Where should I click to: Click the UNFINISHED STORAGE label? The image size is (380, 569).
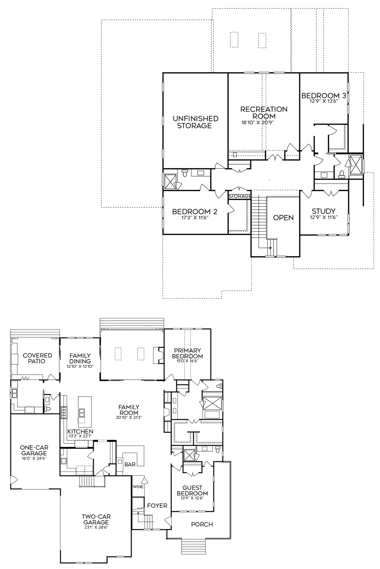tap(195, 122)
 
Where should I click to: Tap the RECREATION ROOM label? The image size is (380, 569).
tap(264, 113)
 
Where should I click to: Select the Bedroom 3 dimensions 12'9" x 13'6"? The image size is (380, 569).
tap(324, 101)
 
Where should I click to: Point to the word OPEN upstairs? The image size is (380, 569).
tap(283, 218)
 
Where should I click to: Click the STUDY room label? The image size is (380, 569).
tap(324, 211)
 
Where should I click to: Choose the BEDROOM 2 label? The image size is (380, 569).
tap(195, 211)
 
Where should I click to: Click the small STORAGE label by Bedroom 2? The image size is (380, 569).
tap(239, 196)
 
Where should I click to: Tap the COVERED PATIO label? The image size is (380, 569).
tap(37, 358)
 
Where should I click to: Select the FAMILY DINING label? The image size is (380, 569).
tap(80, 358)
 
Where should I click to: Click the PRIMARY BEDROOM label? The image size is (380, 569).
tap(187, 353)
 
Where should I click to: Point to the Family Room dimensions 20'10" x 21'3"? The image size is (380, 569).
tap(129, 417)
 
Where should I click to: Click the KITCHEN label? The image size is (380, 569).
tap(80, 431)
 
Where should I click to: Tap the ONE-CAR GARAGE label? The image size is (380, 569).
tap(33, 450)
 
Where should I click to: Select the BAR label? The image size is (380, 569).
tap(130, 465)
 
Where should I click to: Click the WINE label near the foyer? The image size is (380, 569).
tap(138, 486)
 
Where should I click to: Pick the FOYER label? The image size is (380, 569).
tap(157, 506)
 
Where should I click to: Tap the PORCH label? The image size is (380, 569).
tap(202, 524)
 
